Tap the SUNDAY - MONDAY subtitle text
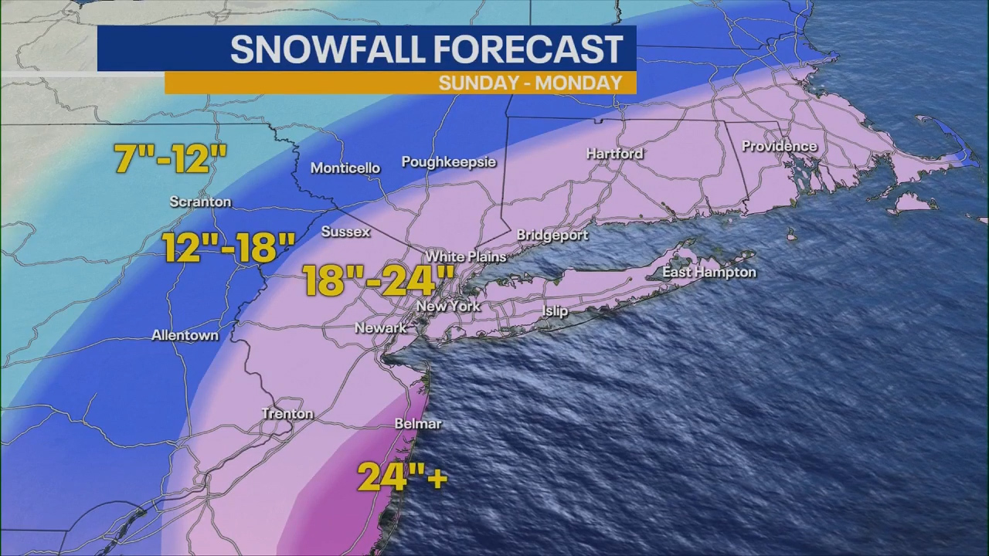tap(530, 83)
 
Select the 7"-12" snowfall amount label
tap(170, 160)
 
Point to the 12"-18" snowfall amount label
tap(229, 249)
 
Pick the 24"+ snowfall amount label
tap(402, 477)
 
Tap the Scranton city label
tap(200, 202)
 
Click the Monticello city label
tap(345, 168)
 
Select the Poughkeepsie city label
tap(448, 162)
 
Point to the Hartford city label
tap(614, 154)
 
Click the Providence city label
tap(779, 146)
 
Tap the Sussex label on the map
tap(345, 232)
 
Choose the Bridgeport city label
tap(552, 236)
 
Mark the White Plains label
tap(466, 257)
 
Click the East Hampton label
tap(709, 273)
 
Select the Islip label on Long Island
tap(555, 311)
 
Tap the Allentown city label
tap(185, 336)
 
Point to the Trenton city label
tap(287, 414)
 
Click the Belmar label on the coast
tap(418, 424)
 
